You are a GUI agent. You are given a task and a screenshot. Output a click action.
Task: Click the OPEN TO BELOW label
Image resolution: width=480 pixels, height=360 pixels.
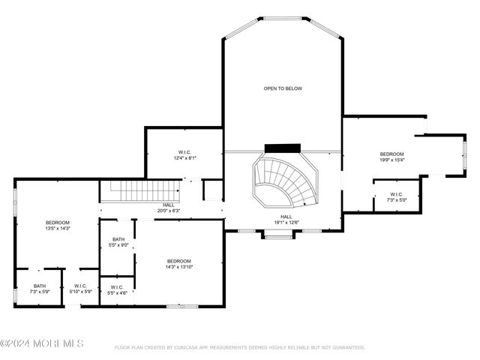pos(282,88)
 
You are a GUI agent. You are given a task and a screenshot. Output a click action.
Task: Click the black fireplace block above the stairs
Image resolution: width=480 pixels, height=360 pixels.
pos(282,148)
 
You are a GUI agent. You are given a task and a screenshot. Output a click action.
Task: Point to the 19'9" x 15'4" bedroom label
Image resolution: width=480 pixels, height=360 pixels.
pos(391,157)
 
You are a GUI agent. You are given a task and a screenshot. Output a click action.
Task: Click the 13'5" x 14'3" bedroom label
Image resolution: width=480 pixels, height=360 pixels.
pos(57,226)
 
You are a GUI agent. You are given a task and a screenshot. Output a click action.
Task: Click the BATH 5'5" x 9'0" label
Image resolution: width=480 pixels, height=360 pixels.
pos(118,242)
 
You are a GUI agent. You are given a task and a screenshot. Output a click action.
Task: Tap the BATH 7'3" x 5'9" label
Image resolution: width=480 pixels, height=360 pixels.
pos(39,288)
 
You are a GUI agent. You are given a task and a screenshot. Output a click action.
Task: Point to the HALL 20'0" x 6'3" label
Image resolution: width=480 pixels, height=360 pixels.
pos(168,208)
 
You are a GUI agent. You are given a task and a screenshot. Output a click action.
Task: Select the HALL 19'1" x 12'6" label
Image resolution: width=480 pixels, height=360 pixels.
pos(286,220)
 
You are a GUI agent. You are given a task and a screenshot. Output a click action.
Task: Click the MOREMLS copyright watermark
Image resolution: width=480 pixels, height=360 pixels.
pos(42,343)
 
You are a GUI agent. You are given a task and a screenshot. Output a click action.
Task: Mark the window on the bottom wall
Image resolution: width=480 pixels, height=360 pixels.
pos(181,306)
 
